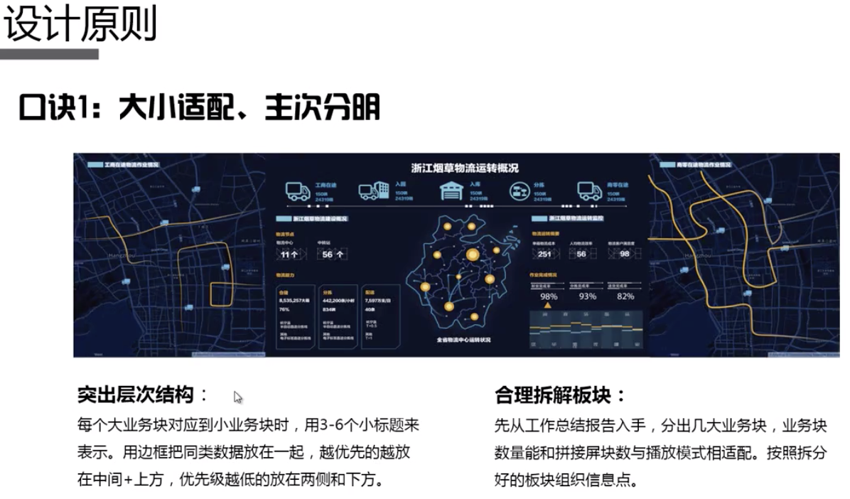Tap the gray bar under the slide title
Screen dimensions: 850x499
tap(49, 54)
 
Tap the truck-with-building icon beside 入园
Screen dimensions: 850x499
tap(373, 191)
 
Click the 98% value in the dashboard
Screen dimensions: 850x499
tap(548, 296)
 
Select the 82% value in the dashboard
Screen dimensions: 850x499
tap(625, 296)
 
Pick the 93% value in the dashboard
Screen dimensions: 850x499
tap(587, 296)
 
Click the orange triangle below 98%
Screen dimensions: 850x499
tap(547, 306)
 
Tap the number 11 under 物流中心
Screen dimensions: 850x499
tap(286, 254)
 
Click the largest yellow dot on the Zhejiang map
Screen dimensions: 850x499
tap(473, 254)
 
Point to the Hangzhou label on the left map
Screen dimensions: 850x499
tap(115, 254)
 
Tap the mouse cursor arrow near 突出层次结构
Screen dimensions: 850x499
tap(238, 397)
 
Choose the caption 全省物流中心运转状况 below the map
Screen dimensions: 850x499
tap(465, 340)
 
